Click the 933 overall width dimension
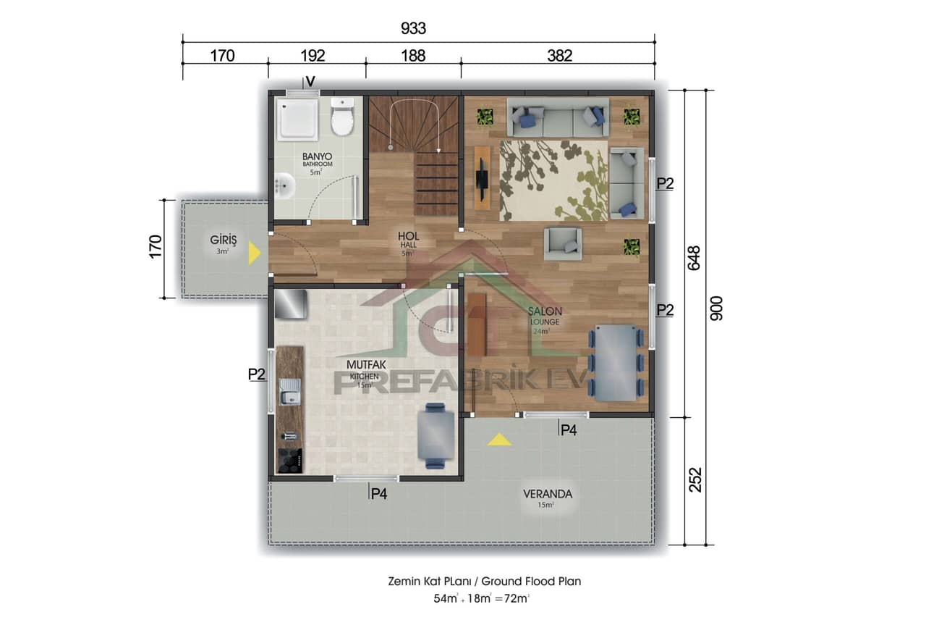[413, 28]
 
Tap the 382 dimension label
[559, 56]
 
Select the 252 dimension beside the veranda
[695, 479]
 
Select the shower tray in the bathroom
[298, 120]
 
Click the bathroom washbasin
[285, 185]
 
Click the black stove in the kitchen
[290, 460]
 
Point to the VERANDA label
[548, 495]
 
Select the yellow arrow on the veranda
[498, 439]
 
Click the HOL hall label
[409, 236]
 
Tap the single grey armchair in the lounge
[563, 243]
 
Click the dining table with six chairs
[615, 362]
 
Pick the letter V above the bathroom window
[310, 81]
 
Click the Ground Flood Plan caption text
[483, 581]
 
